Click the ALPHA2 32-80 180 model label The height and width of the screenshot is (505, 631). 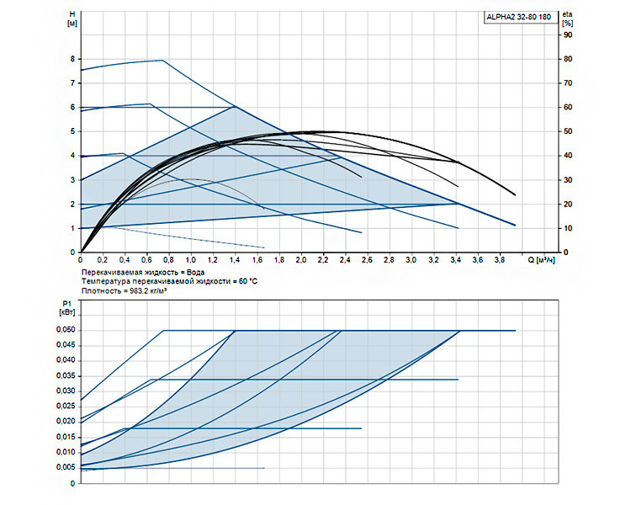(519, 17)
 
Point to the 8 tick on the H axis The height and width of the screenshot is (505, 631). (73, 59)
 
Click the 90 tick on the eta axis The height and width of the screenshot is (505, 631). (568, 35)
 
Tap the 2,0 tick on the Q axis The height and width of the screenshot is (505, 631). (301, 260)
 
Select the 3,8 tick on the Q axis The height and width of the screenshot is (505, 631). (500, 260)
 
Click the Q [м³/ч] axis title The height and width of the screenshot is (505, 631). (542, 260)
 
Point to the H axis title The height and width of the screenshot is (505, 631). (72, 19)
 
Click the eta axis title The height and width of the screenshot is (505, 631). (568, 19)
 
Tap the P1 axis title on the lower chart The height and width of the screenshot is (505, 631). (66, 308)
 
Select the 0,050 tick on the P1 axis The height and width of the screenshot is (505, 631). (66, 330)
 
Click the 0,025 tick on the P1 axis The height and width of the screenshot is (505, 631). (66, 406)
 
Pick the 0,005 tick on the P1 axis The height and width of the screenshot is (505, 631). (66, 467)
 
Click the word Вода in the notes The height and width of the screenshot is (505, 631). (195, 272)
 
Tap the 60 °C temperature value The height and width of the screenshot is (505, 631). (248, 281)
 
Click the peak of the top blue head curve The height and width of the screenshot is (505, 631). (162, 60)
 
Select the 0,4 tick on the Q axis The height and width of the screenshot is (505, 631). (125, 260)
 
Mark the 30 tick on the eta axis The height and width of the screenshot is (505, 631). (568, 180)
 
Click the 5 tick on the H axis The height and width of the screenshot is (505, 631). (73, 131)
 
